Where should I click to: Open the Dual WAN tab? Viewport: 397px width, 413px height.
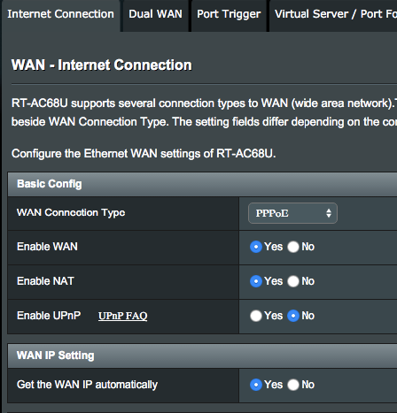pyautogui.click(x=155, y=14)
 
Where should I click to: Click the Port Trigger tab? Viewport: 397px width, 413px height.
pyautogui.click(x=229, y=14)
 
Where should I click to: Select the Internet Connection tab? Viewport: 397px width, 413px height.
pyautogui.click(x=60, y=14)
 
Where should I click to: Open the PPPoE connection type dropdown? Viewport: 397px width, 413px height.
pyautogui.click(x=292, y=213)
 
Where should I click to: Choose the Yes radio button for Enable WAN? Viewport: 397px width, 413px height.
pyautogui.click(x=256, y=247)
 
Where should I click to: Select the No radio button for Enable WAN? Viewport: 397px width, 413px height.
pyautogui.click(x=293, y=247)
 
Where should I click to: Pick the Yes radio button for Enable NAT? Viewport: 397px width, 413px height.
pyautogui.click(x=256, y=281)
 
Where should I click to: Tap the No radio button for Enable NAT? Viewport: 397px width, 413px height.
pyautogui.click(x=293, y=281)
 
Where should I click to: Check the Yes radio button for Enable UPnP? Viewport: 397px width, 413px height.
pyautogui.click(x=256, y=316)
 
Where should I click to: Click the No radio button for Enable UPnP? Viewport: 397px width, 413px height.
pyautogui.click(x=293, y=316)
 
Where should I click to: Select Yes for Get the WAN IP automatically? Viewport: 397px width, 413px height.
pyautogui.click(x=256, y=385)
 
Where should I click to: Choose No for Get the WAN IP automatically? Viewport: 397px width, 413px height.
pyautogui.click(x=293, y=385)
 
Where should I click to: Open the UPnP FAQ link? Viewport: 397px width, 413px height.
pyautogui.click(x=123, y=316)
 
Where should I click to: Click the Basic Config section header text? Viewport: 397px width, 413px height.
pyautogui.click(x=50, y=184)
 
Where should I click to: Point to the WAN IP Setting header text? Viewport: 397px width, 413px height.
pyautogui.click(x=56, y=356)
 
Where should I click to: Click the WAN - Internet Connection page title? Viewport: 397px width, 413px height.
pyautogui.click(x=102, y=65)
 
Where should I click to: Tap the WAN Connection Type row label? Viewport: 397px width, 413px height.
pyautogui.click(x=71, y=213)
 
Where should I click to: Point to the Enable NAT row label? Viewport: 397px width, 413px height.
pyautogui.click(x=45, y=281)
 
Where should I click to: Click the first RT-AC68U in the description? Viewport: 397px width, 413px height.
pyautogui.click(x=40, y=103)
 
